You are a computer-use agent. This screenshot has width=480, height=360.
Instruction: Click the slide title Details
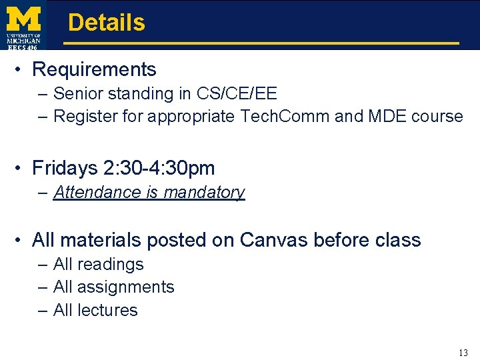[106, 23]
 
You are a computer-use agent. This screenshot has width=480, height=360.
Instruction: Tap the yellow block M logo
[23, 18]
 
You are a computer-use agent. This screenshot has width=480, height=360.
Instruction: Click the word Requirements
[94, 69]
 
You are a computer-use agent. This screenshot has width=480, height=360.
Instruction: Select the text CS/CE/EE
[237, 94]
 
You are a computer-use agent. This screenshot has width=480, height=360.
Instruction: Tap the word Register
[85, 117]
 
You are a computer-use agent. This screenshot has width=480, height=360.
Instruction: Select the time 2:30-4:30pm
[164, 168]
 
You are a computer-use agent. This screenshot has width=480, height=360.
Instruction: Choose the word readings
[110, 265]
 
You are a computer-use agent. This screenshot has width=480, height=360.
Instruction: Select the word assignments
[125, 287]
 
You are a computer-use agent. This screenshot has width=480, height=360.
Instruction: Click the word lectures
[107, 310]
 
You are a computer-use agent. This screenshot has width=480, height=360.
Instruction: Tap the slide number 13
[463, 353]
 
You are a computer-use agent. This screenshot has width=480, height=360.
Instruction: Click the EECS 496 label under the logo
[23, 47]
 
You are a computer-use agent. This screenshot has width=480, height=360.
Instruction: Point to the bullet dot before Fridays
[21, 169]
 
